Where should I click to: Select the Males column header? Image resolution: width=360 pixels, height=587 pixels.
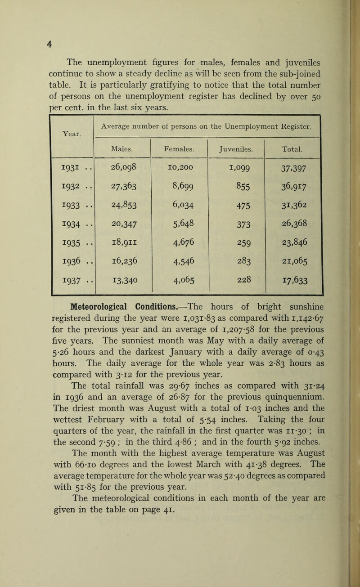[121, 147]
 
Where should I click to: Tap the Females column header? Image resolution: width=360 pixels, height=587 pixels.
[179, 147]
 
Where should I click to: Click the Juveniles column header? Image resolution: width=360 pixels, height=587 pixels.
[236, 147]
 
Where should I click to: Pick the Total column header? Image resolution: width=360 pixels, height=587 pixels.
[293, 147]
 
